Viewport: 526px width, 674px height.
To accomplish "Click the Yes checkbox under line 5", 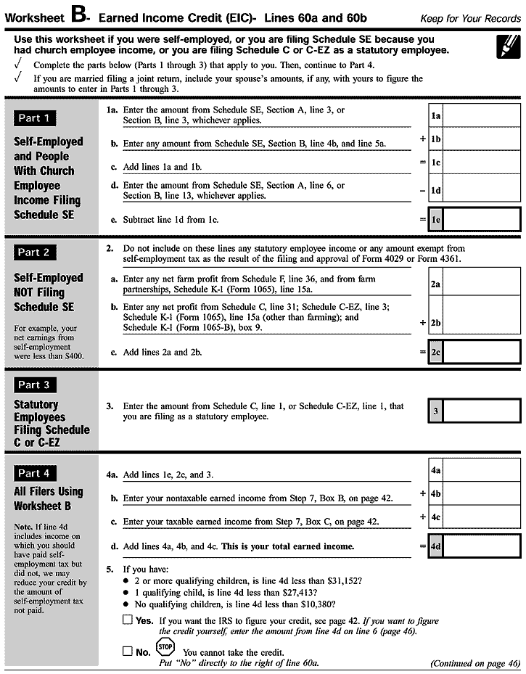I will click(x=128, y=620).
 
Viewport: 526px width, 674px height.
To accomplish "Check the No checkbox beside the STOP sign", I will click(x=128, y=651).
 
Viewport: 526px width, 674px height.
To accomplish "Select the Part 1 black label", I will click(x=34, y=118).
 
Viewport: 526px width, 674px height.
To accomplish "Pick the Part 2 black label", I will click(x=34, y=252).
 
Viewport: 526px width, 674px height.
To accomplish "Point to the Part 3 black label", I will click(x=34, y=385).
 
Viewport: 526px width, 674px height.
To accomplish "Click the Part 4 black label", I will click(x=34, y=474).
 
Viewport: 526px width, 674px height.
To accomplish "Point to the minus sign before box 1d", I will click(x=422, y=191).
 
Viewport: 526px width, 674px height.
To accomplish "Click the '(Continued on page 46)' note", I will click(x=474, y=663).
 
